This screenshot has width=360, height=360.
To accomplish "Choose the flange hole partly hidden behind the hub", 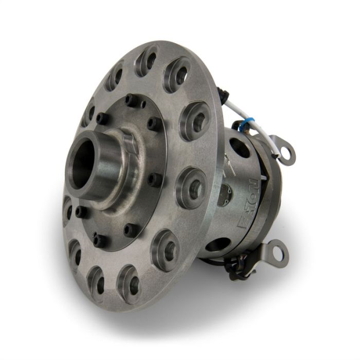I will coord(67,206).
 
